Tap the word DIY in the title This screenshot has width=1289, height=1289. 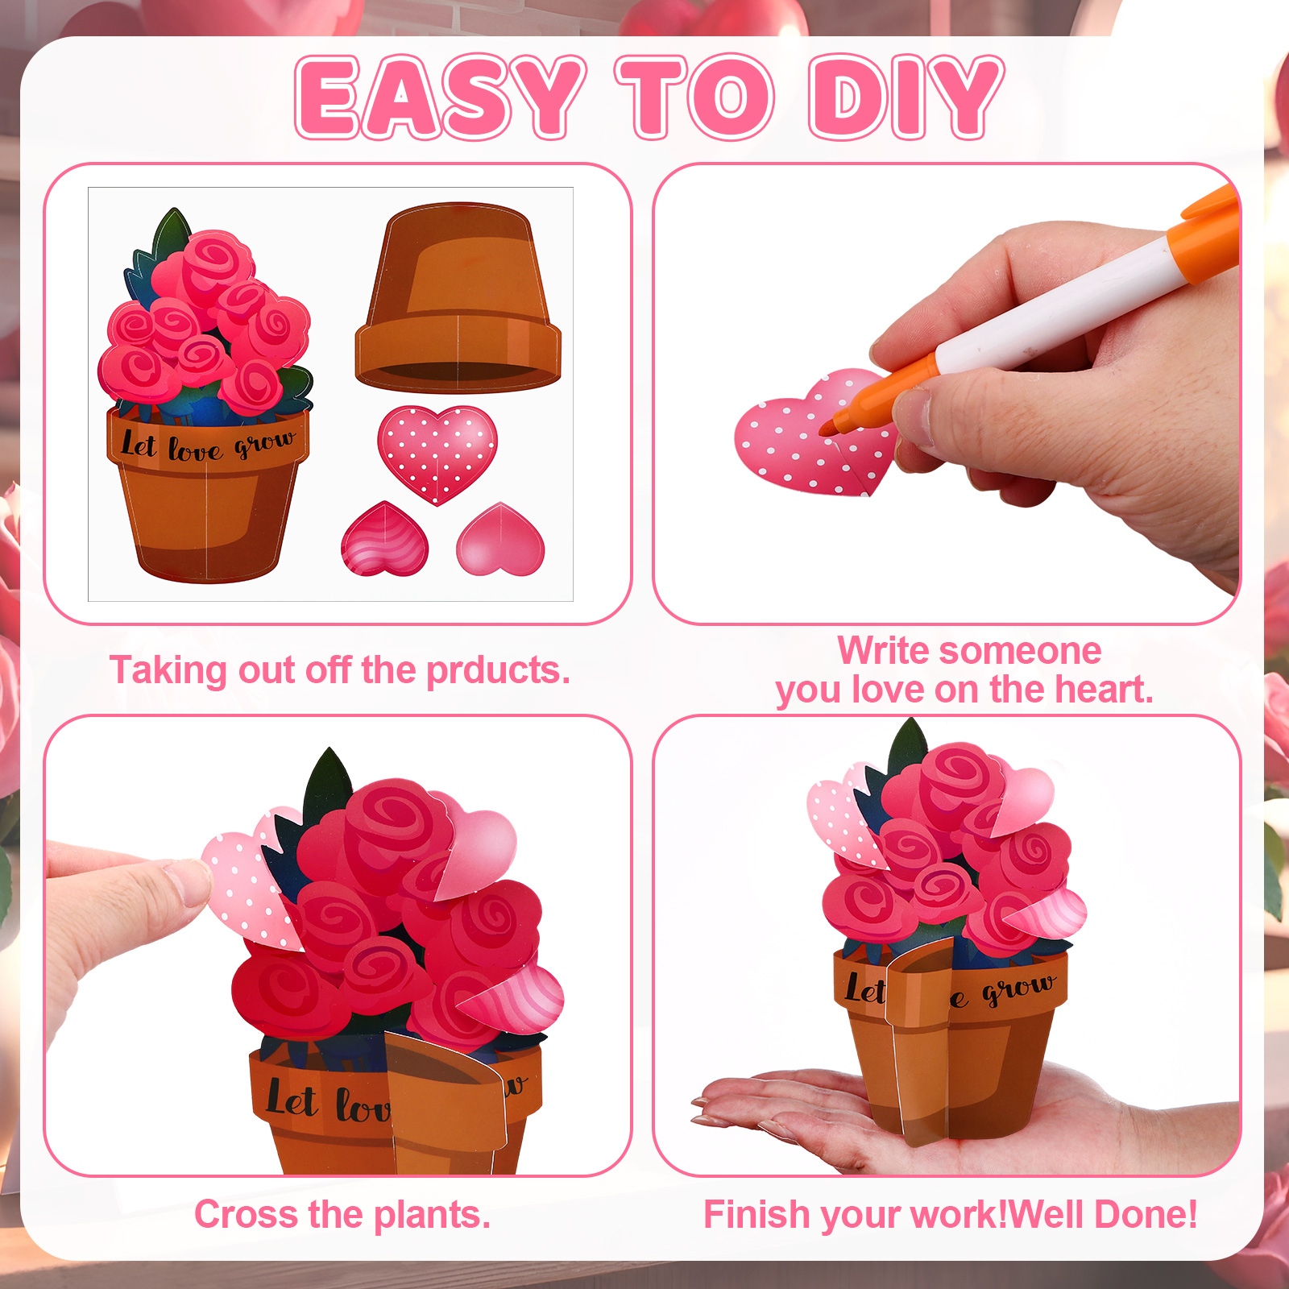907,97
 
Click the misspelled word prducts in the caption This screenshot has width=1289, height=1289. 498,671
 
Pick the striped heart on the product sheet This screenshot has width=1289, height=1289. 384,539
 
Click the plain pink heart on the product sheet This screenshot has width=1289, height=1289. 500,539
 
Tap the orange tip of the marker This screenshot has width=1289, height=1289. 827,429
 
